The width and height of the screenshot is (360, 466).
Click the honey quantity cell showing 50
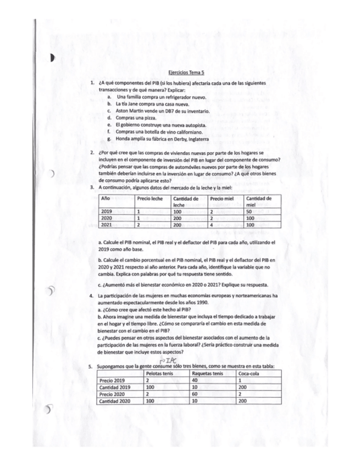click(x=250, y=211)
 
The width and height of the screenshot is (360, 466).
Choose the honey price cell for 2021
click(x=212, y=224)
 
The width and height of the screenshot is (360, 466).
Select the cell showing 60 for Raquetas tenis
click(x=195, y=395)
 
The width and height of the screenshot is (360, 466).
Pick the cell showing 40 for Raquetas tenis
click(x=195, y=380)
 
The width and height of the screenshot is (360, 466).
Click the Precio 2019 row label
click(x=113, y=380)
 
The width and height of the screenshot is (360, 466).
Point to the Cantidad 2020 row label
click(x=115, y=402)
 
